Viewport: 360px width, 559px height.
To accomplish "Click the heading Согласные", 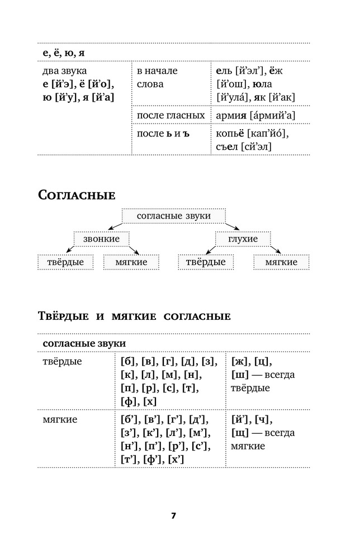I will click(76, 195).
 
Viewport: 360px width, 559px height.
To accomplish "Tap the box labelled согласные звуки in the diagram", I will click(174, 216).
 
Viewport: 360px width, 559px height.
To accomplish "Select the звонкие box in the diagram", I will click(101, 239).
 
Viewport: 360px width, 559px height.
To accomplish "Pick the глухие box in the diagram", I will click(243, 239).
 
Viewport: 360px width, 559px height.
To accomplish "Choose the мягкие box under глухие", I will click(281, 262).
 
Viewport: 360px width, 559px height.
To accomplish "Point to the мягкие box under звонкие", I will click(131, 262).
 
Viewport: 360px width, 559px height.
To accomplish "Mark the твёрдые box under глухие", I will click(206, 262).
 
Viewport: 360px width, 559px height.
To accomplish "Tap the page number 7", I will click(174, 515).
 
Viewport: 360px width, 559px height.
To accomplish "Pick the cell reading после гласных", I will click(170, 115).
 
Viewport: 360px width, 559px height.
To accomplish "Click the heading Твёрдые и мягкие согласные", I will click(134, 316).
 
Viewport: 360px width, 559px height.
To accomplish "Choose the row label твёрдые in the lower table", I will click(62, 361).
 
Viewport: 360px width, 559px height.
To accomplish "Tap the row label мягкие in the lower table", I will click(60, 419).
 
